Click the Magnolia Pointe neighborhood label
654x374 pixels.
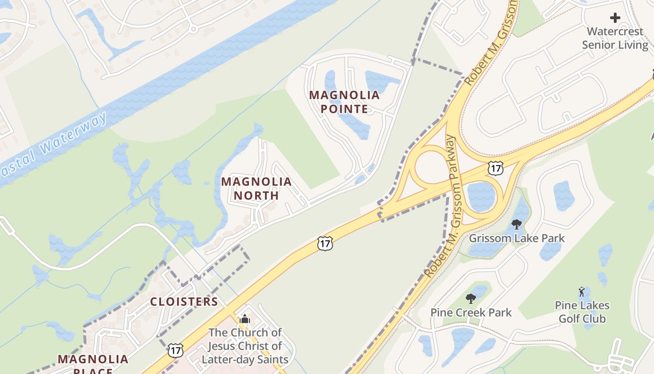[x=344, y=102]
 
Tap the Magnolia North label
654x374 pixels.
[x=256, y=188]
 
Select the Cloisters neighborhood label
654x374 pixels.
[x=184, y=302]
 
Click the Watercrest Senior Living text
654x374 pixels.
[x=617, y=38]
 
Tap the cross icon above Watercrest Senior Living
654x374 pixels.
[x=615, y=18]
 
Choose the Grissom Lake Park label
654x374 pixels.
[x=517, y=238]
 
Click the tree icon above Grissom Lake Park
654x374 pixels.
[x=516, y=224]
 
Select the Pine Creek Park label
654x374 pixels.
[x=471, y=312]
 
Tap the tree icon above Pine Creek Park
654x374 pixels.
[x=471, y=298]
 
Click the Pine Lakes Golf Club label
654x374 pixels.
[x=582, y=312]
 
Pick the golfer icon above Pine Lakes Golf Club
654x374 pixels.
[x=582, y=292]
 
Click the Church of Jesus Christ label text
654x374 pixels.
[x=245, y=346]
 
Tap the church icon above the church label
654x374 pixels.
[x=245, y=320]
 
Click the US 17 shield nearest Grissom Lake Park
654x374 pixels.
[x=496, y=168]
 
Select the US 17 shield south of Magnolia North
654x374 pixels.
[x=325, y=243]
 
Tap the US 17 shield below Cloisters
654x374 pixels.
[x=176, y=350]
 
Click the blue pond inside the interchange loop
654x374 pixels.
[x=481, y=196]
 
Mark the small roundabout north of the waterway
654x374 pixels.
[x=193, y=29]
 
